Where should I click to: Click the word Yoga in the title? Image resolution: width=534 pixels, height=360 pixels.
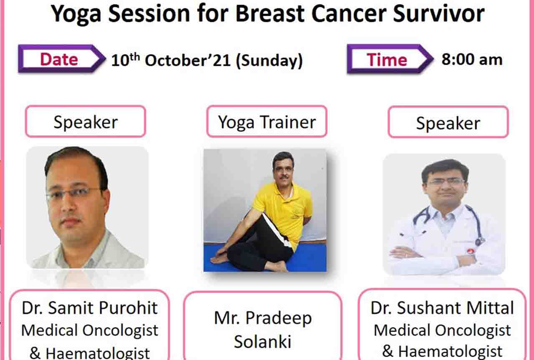click(x=76, y=15)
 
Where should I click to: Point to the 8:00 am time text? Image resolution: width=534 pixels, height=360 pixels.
click(x=472, y=59)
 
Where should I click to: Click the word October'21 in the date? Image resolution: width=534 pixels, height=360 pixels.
click(x=188, y=60)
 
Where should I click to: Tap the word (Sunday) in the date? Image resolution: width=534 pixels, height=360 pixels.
click(x=269, y=61)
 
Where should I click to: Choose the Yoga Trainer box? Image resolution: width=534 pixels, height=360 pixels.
click(x=267, y=121)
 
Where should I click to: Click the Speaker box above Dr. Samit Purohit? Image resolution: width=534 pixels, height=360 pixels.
click(x=86, y=121)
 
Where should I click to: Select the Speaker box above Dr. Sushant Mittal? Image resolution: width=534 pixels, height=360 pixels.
click(x=448, y=122)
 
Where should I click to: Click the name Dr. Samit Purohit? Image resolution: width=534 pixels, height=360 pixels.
click(x=90, y=308)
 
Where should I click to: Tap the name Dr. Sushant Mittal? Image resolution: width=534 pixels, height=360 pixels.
click(x=442, y=308)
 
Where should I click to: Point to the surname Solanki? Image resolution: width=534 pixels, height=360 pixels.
click(x=263, y=341)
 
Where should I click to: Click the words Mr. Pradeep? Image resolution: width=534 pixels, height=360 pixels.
click(x=263, y=318)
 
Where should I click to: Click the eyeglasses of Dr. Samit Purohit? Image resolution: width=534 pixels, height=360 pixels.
click(x=73, y=194)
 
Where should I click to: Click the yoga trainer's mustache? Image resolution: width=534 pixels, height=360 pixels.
click(x=284, y=178)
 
